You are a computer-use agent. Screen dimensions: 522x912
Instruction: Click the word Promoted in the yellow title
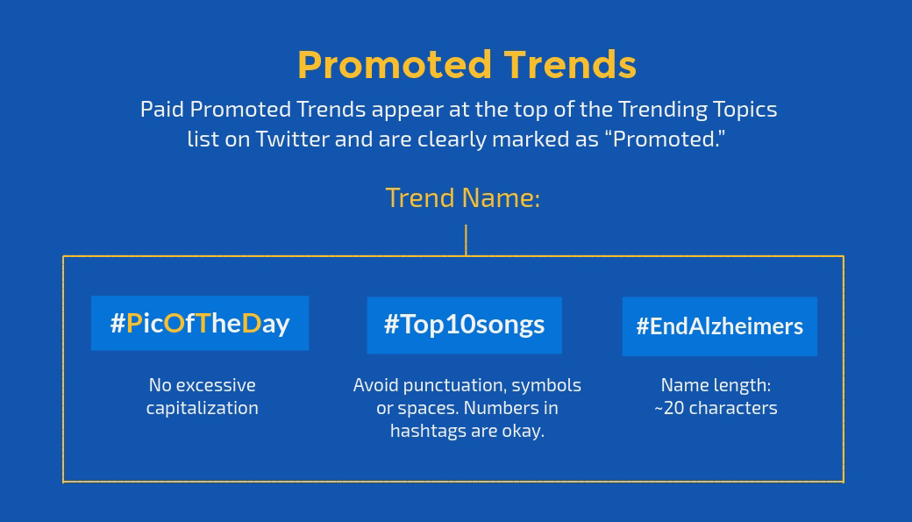pyautogui.click(x=394, y=65)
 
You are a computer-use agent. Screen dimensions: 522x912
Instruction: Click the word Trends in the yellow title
pyautogui.click(x=570, y=65)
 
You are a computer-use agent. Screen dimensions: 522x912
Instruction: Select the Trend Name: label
pyautogui.click(x=463, y=197)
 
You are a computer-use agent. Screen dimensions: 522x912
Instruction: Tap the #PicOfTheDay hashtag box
pyautogui.click(x=200, y=324)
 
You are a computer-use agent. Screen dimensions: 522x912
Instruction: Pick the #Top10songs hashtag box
pyautogui.click(x=464, y=325)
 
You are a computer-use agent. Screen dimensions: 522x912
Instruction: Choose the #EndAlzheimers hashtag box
pyautogui.click(x=719, y=326)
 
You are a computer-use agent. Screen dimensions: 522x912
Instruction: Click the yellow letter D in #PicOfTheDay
pyautogui.click(x=251, y=324)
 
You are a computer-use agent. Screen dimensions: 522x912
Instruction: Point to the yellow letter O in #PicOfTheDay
pyautogui.click(x=174, y=324)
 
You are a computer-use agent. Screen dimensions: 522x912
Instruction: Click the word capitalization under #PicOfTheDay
pyautogui.click(x=203, y=408)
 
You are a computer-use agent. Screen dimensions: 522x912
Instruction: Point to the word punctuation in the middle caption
pyautogui.click(x=452, y=385)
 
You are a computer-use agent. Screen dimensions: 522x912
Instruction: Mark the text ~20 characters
pyautogui.click(x=716, y=408)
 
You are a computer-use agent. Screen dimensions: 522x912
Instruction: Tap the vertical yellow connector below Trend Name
pyautogui.click(x=466, y=240)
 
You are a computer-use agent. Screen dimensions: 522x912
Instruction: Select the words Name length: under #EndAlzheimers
pyautogui.click(x=716, y=385)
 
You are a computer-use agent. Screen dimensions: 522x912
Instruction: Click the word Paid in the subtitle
pyautogui.click(x=162, y=110)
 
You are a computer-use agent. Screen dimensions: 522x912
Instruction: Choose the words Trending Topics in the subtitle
pyautogui.click(x=697, y=110)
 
